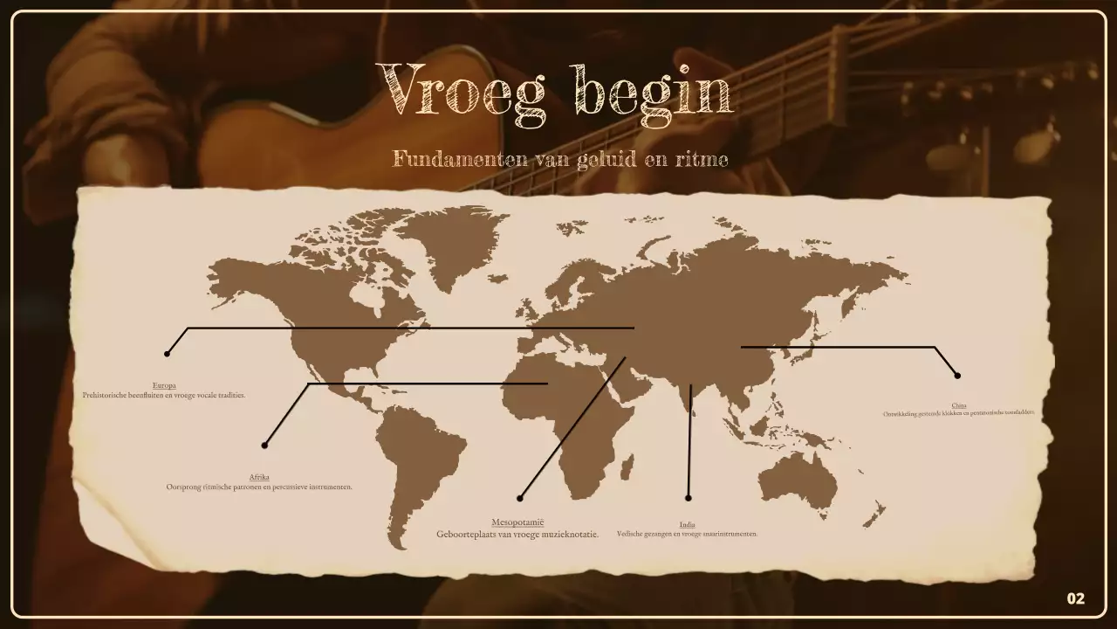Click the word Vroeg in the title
[461, 89]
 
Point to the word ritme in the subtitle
[703, 159]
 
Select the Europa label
[164, 385]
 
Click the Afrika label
[259, 477]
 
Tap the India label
[688, 524]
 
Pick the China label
[959, 405]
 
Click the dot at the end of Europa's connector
[167, 354]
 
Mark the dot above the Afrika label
[264, 446]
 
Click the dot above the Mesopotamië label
[520, 498]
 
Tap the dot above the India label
[689, 498]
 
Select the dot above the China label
[957, 376]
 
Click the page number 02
[1076, 598]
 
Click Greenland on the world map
[454, 240]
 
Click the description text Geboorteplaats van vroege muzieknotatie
[517, 534]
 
